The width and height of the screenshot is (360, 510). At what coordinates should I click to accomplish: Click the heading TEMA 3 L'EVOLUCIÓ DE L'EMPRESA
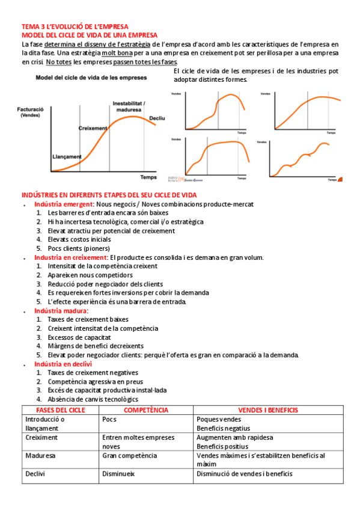[x=75, y=27]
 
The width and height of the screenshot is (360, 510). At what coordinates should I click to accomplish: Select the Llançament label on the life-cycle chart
[x=66, y=157]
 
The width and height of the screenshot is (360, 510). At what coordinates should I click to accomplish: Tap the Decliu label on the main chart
[x=157, y=118]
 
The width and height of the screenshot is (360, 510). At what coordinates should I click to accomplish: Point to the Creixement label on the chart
[x=93, y=128]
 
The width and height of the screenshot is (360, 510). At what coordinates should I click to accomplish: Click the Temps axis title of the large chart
[x=148, y=177]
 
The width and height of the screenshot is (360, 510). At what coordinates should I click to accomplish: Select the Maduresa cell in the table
[x=40, y=456]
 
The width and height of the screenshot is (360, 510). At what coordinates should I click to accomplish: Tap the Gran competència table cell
[x=130, y=456]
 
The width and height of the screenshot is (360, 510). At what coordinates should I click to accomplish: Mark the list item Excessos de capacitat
[x=80, y=337]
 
